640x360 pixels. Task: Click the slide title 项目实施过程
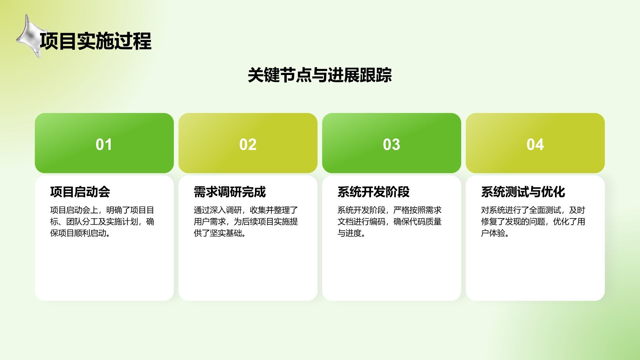click(x=96, y=41)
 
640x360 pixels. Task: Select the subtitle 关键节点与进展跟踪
click(x=320, y=75)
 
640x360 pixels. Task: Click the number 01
click(x=104, y=144)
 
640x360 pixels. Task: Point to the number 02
click(x=248, y=144)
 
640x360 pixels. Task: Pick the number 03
click(x=391, y=144)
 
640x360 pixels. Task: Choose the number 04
click(x=535, y=144)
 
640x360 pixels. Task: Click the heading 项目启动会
click(x=80, y=192)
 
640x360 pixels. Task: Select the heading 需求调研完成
click(x=230, y=192)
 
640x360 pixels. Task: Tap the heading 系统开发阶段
click(x=373, y=192)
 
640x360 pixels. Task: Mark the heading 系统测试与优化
click(x=523, y=192)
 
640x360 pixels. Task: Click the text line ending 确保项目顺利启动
click(x=80, y=233)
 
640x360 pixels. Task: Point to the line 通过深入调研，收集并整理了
click(x=246, y=210)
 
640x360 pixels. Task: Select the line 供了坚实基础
click(x=220, y=233)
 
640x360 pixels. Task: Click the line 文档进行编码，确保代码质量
click(x=389, y=222)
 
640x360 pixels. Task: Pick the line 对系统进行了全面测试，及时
click(x=533, y=210)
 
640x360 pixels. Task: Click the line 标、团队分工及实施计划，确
click(x=102, y=222)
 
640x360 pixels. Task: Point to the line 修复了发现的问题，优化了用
click(x=533, y=222)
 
